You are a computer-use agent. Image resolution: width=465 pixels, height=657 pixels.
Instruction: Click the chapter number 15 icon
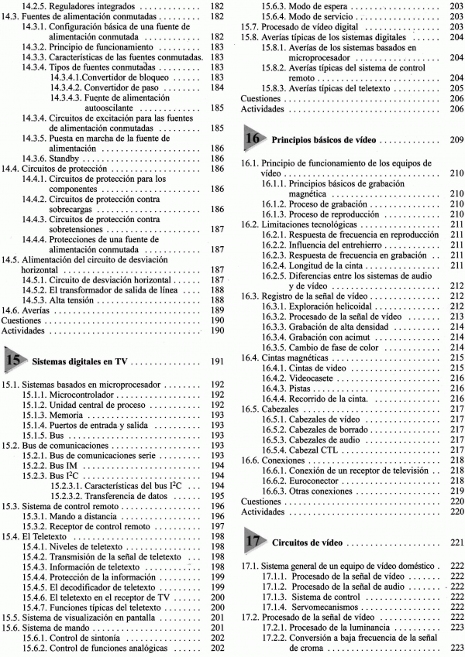13,359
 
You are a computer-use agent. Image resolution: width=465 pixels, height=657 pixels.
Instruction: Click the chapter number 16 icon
253,140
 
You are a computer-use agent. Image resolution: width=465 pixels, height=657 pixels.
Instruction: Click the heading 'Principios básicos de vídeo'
324,142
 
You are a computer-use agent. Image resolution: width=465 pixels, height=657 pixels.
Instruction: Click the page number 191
217,361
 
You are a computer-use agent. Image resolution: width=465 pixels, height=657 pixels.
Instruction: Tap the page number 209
456,142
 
